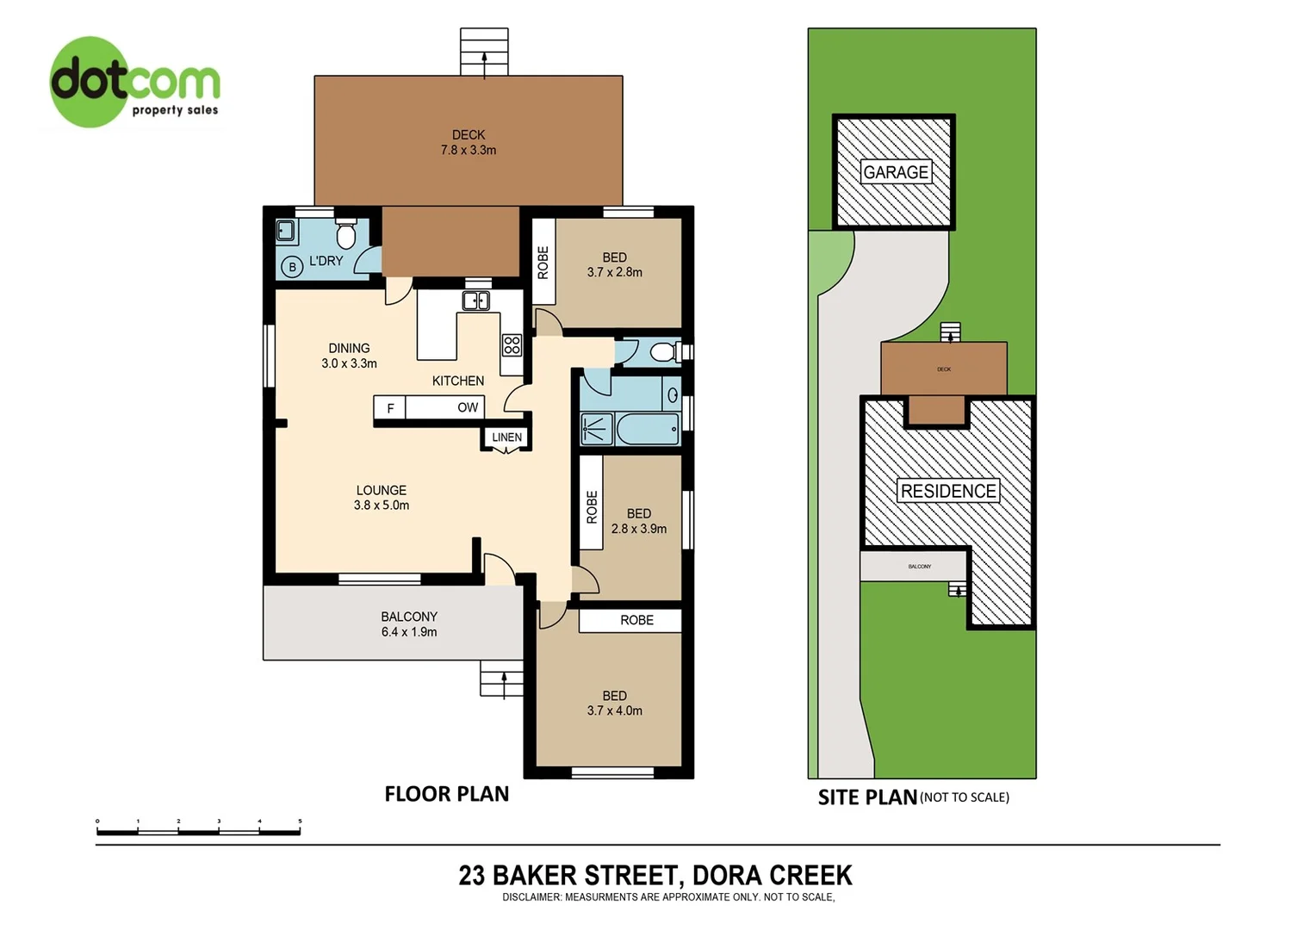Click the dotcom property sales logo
(134, 83)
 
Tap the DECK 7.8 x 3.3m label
(469, 142)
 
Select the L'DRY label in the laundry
(326, 261)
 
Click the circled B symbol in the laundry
(292, 267)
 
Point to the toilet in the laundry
(346, 232)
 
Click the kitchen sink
(476, 301)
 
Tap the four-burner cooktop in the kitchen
(512, 345)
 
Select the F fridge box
(390, 408)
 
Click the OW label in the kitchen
(468, 407)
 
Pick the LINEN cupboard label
(506, 437)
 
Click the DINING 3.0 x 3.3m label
(349, 356)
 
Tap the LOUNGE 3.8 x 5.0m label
(381, 498)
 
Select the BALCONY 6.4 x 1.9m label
(409, 624)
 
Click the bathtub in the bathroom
(648, 428)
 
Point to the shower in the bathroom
(596, 428)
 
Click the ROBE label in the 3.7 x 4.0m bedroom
(636, 620)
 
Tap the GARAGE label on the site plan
(896, 172)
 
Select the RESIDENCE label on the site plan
(947, 491)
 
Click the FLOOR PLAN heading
(446, 794)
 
